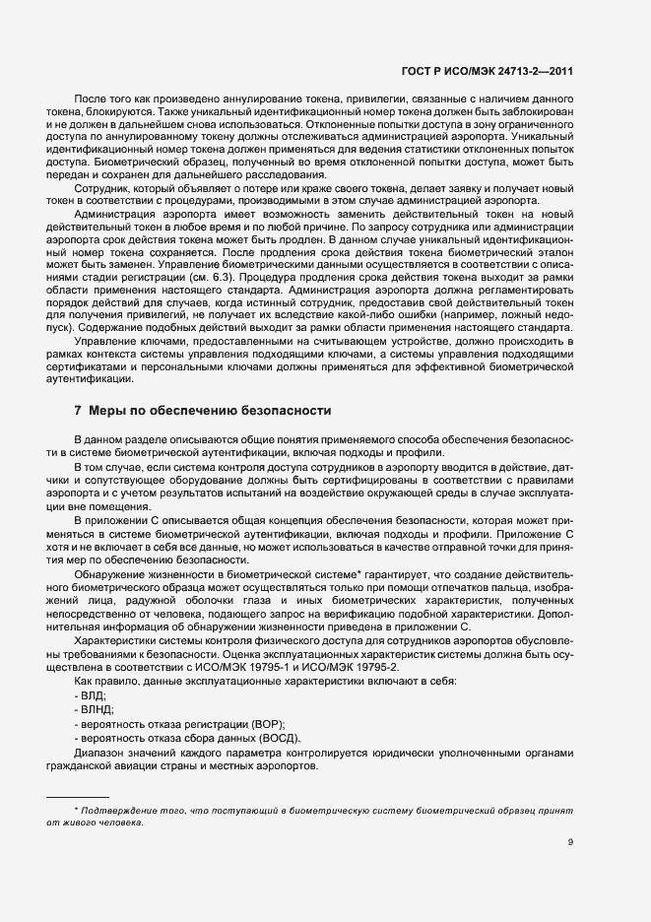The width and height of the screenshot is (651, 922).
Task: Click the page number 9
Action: (x=570, y=841)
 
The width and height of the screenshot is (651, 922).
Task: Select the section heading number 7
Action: (x=78, y=409)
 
